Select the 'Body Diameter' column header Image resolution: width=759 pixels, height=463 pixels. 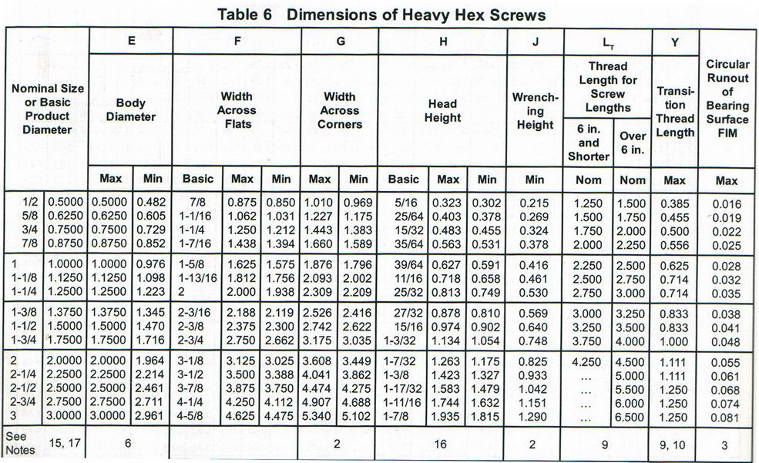[x=130, y=109]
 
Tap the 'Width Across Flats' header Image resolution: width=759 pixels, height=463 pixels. [x=237, y=109]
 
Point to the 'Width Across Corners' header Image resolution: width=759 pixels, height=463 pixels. [x=339, y=109]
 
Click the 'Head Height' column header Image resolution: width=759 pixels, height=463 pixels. [x=442, y=109]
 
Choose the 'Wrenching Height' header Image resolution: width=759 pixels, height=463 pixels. [x=535, y=111]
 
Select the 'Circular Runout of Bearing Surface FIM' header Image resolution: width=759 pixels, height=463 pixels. [x=727, y=99]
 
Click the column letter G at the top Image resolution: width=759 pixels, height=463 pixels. [x=339, y=42]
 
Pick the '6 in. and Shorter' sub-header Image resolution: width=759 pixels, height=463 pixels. [x=589, y=143]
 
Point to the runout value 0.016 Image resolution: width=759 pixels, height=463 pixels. [x=727, y=204]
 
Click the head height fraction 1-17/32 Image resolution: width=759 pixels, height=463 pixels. [x=406, y=391]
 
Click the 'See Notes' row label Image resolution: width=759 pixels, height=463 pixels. [x=21, y=442]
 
